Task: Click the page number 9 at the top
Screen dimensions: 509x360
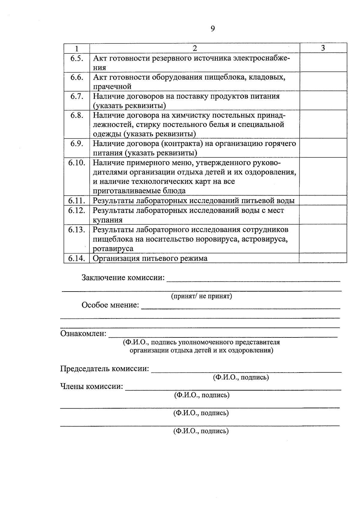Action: tap(213, 28)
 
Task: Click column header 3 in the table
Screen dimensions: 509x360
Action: tap(323, 48)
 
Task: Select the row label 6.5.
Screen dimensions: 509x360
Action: tap(77, 58)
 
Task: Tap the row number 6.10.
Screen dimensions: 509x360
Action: tap(77, 163)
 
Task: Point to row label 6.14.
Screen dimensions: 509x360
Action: tap(77, 258)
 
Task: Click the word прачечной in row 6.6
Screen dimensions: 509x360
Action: tap(112, 87)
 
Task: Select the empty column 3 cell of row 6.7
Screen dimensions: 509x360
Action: tap(323, 100)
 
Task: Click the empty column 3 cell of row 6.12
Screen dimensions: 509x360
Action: tap(323, 215)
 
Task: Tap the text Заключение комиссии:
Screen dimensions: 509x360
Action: tap(123, 278)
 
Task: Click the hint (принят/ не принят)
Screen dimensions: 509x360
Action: tap(202, 296)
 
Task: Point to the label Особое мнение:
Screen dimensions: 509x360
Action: tap(110, 305)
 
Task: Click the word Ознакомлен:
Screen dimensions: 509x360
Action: tap(83, 334)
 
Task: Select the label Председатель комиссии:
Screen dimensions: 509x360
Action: tap(105, 369)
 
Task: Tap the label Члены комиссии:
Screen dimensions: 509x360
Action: tap(92, 386)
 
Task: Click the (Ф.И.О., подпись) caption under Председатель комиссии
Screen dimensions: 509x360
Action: tap(241, 377)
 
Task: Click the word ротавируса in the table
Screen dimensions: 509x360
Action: tap(113, 249)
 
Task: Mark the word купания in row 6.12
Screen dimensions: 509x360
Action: tap(108, 220)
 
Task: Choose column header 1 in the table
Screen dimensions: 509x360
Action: tap(77, 48)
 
